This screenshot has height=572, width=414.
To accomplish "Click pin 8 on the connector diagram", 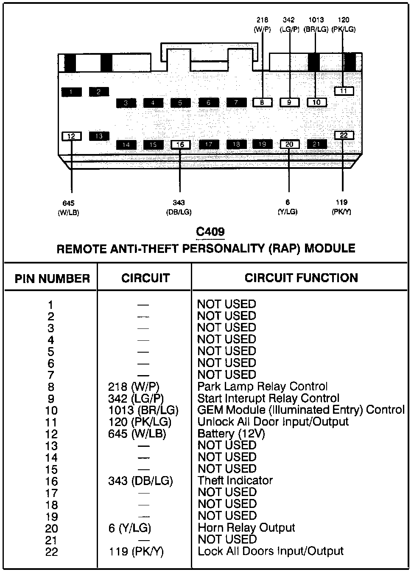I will point(262,102).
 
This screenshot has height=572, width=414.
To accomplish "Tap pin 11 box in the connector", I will point(344,91).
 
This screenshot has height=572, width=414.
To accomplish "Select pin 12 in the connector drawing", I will point(71,136).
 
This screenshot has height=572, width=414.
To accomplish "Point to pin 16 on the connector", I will point(180,145).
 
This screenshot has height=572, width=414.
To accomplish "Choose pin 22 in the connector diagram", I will point(344,135).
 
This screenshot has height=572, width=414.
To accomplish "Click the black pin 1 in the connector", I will point(71,92).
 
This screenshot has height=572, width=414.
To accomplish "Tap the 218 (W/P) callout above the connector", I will point(262,25).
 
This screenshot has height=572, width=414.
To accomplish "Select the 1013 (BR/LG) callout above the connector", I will point(316,25).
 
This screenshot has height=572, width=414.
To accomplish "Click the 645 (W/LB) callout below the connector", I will point(68,208).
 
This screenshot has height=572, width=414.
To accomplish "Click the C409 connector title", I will point(210,232).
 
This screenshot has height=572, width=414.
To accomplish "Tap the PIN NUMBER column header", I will point(52,279).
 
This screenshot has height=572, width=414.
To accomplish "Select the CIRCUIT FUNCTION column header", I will point(301,278).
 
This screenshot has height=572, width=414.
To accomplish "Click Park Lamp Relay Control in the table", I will point(262,387).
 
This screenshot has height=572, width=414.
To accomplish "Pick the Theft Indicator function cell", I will point(235,480).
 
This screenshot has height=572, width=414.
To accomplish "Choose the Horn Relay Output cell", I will point(246,528).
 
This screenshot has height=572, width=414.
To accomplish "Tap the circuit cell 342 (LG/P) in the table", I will point(136,398).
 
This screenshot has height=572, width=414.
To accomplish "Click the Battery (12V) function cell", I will point(231,434).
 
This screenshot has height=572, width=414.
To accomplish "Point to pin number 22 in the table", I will point(51,552).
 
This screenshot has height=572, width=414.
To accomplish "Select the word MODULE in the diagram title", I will point(330,248).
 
